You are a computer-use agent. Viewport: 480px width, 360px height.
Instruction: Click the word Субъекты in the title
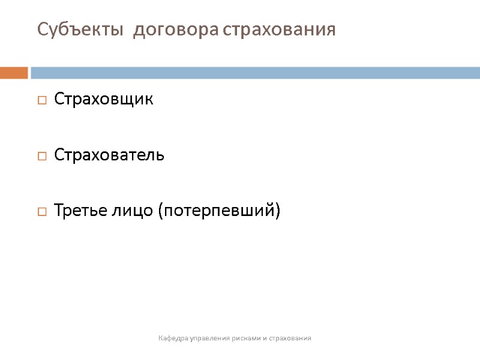point(80,29)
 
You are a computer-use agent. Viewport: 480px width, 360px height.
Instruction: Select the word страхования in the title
point(279,29)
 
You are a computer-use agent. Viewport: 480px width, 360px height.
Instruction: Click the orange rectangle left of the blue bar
point(14,73)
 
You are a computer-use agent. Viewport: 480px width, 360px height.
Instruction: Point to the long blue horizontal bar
point(255,73)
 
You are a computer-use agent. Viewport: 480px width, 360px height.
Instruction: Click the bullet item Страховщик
point(104,100)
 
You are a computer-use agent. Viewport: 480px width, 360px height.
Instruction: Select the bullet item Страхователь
point(109,155)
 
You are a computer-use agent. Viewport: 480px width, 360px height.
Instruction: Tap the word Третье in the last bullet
point(80,211)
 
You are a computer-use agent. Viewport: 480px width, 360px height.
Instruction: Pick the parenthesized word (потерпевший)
point(218,211)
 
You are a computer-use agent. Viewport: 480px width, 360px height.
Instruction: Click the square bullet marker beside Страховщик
point(42,101)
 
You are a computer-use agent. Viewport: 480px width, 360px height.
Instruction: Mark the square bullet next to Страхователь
point(42,157)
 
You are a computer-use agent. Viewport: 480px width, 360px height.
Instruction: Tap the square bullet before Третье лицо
point(42,212)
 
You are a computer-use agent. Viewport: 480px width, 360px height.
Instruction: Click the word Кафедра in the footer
point(173,338)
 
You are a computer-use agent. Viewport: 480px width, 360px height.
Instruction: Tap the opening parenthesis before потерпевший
point(160,212)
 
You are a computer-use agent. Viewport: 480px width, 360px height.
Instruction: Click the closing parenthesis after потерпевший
point(278,212)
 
